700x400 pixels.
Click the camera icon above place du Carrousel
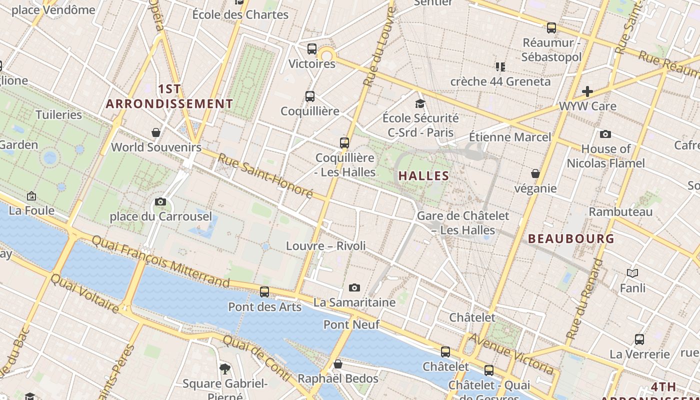(x=160, y=202)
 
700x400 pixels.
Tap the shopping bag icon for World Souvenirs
(x=156, y=132)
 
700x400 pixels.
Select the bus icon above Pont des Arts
(x=264, y=292)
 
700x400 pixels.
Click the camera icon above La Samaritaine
(x=354, y=287)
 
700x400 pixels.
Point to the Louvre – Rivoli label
(x=325, y=246)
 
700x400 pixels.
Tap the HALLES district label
(x=423, y=176)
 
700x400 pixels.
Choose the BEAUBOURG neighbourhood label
(x=571, y=239)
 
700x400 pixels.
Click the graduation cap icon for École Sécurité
(x=420, y=104)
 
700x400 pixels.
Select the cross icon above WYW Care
(x=587, y=91)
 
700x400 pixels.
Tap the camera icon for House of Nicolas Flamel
(x=605, y=134)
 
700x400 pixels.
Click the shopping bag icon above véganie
(x=535, y=173)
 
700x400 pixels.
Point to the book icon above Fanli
(x=632, y=273)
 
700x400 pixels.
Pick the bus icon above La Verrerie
(x=639, y=339)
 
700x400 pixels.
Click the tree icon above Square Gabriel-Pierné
(x=225, y=369)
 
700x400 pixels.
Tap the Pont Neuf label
(x=351, y=324)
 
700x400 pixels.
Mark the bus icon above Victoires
(x=312, y=49)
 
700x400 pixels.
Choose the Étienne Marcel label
(x=510, y=137)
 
